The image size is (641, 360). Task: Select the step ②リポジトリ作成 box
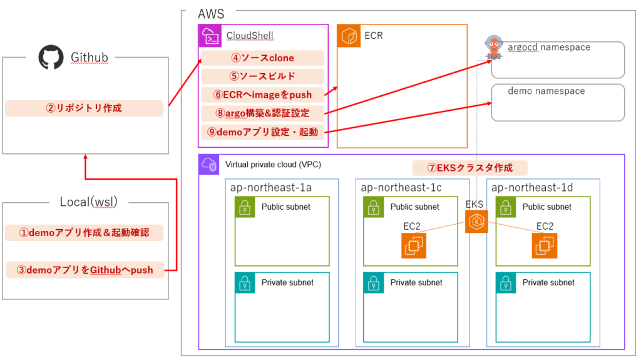click(x=84, y=108)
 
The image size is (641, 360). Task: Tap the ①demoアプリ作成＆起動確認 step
click(x=85, y=233)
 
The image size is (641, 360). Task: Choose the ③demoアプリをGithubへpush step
click(x=85, y=270)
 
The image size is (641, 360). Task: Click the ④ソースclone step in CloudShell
click(x=263, y=58)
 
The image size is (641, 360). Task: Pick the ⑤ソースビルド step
click(x=263, y=76)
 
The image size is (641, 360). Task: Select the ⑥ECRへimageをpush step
click(x=263, y=95)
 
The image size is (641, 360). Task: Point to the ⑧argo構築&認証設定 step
click(x=263, y=113)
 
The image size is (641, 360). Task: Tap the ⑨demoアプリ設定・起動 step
click(x=263, y=132)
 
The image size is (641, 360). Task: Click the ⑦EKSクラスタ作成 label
click(x=469, y=168)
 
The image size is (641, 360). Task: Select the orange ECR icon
click(x=349, y=36)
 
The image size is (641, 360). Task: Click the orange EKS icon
click(x=476, y=222)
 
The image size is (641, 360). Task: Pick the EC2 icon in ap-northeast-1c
click(x=413, y=245)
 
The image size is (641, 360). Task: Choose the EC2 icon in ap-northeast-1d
click(x=544, y=245)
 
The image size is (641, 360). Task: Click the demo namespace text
click(x=546, y=91)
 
